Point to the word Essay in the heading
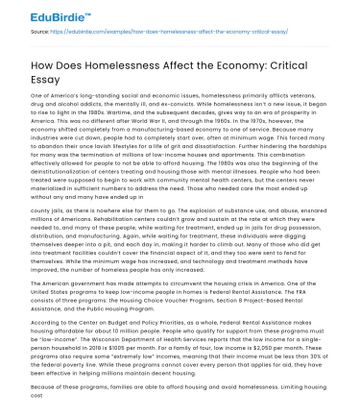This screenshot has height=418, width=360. point(52,82)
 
